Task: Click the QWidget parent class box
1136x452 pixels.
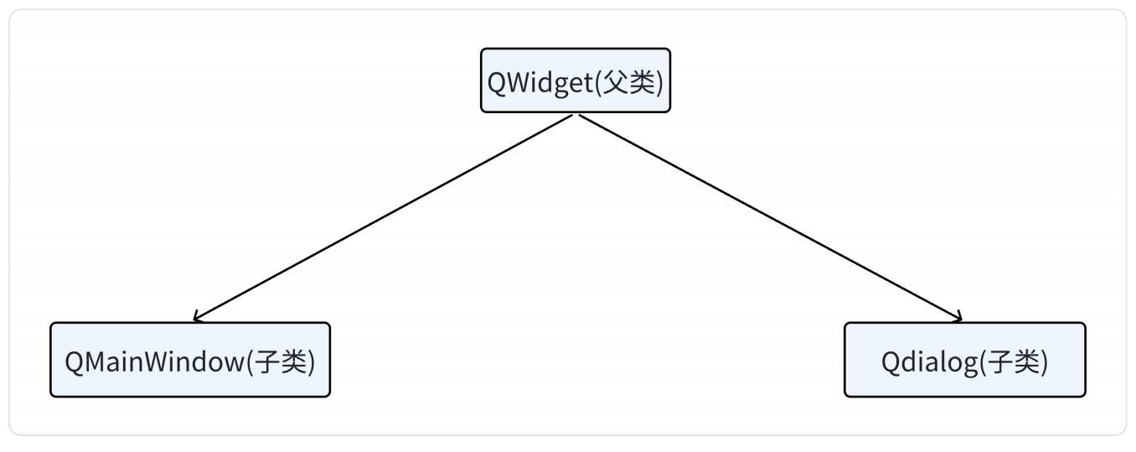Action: click(x=576, y=81)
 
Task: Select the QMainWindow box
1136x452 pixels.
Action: click(x=190, y=360)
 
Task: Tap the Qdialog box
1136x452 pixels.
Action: click(x=965, y=360)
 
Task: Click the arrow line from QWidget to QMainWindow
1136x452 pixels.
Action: click(x=383, y=218)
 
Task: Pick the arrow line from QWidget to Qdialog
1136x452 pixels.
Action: click(x=771, y=218)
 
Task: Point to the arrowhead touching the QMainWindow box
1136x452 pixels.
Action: click(x=198, y=318)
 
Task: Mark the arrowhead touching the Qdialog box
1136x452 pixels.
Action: click(x=958, y=318)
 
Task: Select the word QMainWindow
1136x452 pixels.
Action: click(x=155, y=362)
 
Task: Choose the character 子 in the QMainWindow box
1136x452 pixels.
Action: click(x=266, y=361)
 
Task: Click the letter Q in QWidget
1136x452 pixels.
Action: click(x=496, y=83)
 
